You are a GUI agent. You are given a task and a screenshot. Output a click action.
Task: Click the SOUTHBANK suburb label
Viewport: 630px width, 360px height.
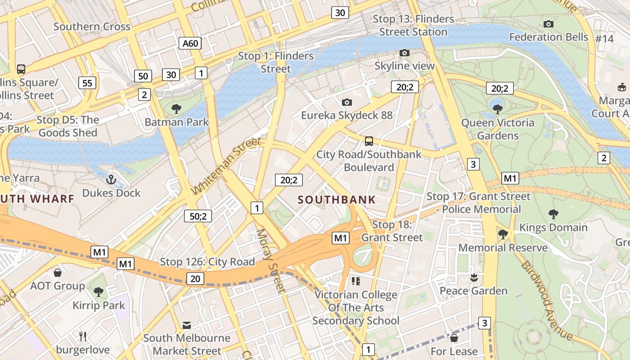coord(337,200)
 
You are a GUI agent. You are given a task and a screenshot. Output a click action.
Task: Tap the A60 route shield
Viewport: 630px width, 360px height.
coord(190,43)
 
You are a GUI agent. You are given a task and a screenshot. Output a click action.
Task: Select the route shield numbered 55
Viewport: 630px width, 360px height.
coord(87,83)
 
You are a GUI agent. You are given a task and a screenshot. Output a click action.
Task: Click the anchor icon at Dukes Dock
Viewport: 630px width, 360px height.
coord(111,180)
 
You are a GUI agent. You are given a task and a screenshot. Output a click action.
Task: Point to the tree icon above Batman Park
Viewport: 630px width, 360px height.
coord(176,108)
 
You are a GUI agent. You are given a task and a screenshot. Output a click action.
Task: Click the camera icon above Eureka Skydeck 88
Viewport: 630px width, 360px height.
coord(346,102)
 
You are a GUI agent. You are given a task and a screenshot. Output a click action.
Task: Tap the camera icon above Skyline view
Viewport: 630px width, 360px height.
coord(405,53)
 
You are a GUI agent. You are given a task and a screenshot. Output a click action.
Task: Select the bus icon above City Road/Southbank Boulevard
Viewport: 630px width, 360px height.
coord(369,141)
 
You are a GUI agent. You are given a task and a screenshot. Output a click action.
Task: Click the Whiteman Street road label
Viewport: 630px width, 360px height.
coord(226,166)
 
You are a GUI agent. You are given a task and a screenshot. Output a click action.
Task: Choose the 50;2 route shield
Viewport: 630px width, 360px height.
coord(198,216)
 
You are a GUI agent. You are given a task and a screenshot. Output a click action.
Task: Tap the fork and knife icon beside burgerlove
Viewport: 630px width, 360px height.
coord(83,336)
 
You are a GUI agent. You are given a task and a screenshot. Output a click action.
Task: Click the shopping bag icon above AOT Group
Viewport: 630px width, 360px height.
coord(58,272)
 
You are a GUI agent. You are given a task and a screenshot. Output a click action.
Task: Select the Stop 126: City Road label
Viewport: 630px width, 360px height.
coord(207,262)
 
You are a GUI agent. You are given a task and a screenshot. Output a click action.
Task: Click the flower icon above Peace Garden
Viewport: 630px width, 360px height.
coord(473,278)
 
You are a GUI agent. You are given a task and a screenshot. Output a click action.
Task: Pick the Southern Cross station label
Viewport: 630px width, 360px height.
coord(92,27)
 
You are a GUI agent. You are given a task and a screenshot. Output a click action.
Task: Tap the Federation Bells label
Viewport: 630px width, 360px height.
coord(549,37)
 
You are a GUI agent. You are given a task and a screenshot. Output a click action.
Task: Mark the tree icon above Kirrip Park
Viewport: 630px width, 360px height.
coord(99,292)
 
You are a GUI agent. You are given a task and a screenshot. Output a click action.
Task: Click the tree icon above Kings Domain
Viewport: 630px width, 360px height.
coord(553,214)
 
